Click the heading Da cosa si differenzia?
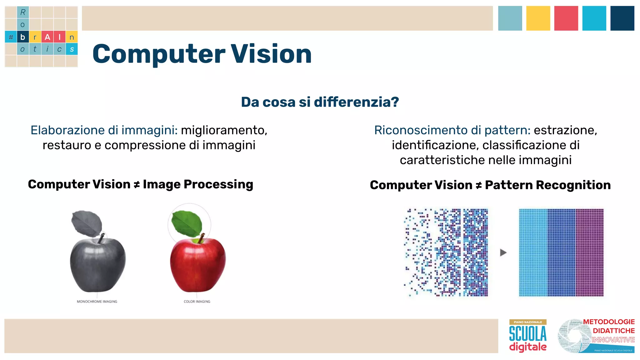point(320,102)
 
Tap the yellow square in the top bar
point(538,18)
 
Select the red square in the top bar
point(566,18)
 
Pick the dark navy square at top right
point(622,18)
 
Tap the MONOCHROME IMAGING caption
point(97,302)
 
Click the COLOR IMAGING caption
point(197,302)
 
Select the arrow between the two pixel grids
point(503,252)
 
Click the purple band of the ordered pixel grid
point(589,252)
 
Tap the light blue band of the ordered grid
point(533,252)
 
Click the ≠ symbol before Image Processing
point(137,185)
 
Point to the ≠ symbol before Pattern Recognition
point(478,186)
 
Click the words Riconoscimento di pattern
point(452,130)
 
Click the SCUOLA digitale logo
point(528,336)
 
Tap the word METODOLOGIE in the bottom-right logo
point(608,322)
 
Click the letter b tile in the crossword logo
point(23,37)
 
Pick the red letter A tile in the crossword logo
point(47,37)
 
